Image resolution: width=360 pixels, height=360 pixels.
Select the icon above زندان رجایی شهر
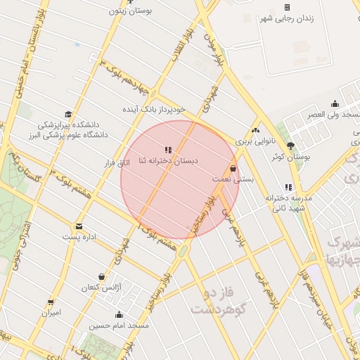(x=287, y=6)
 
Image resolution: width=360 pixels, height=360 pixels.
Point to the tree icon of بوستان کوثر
(x=291, y=146)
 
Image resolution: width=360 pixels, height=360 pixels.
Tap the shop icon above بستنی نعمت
(x=233, y=169)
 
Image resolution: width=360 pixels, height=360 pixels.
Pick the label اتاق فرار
(x=117, y=163)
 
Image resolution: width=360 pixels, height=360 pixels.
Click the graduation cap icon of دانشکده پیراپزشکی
(x=68, y=114)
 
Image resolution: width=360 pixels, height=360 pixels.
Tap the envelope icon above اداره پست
(x=79, y=226)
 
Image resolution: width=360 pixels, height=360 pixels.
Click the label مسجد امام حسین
(x=119, y=326)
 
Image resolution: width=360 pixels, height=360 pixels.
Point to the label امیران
(x=51, y=312)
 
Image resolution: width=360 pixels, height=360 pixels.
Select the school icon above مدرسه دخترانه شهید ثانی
(x=288, y=188)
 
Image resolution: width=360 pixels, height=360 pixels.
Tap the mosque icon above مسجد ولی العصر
(x=335, y=104)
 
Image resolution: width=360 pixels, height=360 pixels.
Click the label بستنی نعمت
(x=231, y=180)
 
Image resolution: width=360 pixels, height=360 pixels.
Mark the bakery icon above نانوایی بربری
(x=256, y=131)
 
